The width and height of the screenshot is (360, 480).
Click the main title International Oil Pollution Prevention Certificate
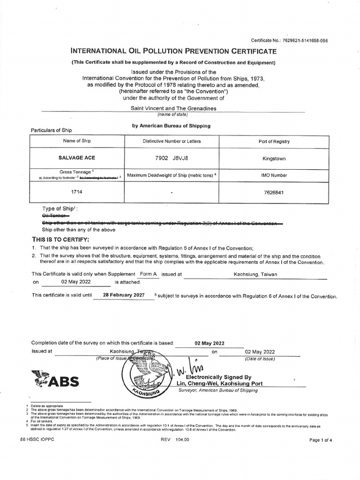[x=173, y=51]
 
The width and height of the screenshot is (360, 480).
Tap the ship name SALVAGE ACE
[x=76, y=158]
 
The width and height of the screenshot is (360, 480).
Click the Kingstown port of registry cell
[x=274, y=159]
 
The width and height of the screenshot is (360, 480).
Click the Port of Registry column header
[x=274, y=142]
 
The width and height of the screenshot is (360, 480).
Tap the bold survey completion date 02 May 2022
[x=209, y=343]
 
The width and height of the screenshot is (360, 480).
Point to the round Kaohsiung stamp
[x=146, y=375]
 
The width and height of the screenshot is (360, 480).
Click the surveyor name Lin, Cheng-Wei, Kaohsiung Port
[x=219, y=383]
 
